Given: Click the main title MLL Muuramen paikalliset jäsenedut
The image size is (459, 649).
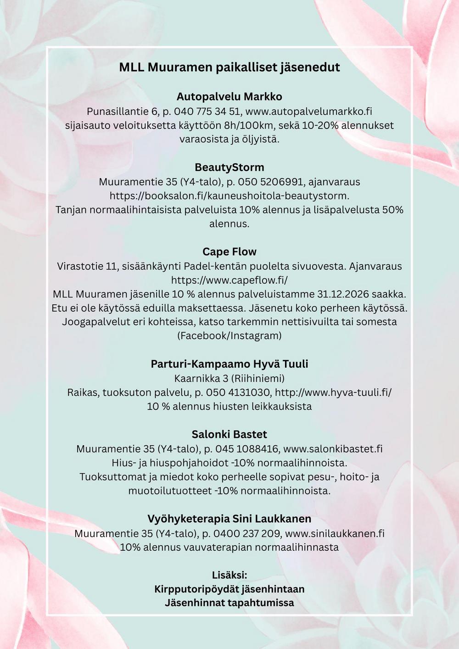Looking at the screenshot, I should coord(229,67).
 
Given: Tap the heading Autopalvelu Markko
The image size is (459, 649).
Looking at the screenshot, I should coord(229,97).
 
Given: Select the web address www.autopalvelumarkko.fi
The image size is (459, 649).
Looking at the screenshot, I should coord(309,112).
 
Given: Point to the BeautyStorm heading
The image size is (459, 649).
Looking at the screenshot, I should coord(229,168).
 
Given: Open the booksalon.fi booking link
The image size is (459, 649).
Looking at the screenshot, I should coord(229,196).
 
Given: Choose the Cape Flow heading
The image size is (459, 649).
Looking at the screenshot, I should coord(229,252).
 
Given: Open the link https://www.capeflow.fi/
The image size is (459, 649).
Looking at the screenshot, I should coord(229,280).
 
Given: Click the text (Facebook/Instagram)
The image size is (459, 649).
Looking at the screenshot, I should coord(229,336).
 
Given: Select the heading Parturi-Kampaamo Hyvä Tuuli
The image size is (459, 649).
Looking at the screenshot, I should coord(229,364).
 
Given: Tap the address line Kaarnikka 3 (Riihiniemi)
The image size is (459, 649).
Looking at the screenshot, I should coord(229,379).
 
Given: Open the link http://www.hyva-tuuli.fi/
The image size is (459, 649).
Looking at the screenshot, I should coord(333,393).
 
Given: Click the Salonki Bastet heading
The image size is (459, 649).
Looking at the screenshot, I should coord(229,435).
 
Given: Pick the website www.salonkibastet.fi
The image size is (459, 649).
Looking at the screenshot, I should coord(333,449).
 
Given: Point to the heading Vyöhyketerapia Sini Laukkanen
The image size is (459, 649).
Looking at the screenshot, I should coord(229,519).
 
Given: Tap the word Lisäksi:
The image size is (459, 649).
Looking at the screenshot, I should coord(229,575).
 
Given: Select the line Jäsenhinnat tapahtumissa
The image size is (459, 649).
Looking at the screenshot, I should coord(229,603).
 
